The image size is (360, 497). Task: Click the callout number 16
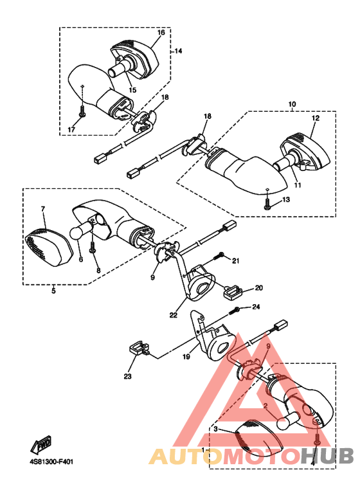coord(161,32)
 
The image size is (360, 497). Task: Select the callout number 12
coord(316,118)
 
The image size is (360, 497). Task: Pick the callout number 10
coord(292,104)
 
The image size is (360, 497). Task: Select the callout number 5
coord(53,291)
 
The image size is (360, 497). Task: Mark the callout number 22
coord(174,315)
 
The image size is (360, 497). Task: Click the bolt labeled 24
coord(234,310)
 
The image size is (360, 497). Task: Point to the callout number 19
coord(186,357)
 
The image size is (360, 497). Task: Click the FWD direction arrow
coord(41,445)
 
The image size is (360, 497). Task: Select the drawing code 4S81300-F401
coord(50,462)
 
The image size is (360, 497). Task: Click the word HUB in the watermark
coord(327,456)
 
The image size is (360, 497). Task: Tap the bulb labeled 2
coord(288,421)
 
